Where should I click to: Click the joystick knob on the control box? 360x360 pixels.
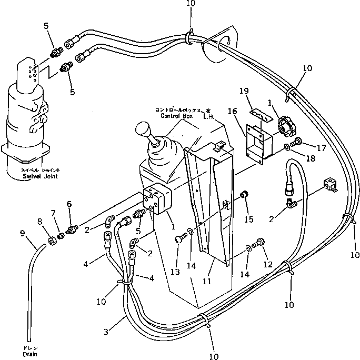pos(144,131)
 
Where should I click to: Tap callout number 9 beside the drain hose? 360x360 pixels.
pos(22,232)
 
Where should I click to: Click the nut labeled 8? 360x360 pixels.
pos(53,242)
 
